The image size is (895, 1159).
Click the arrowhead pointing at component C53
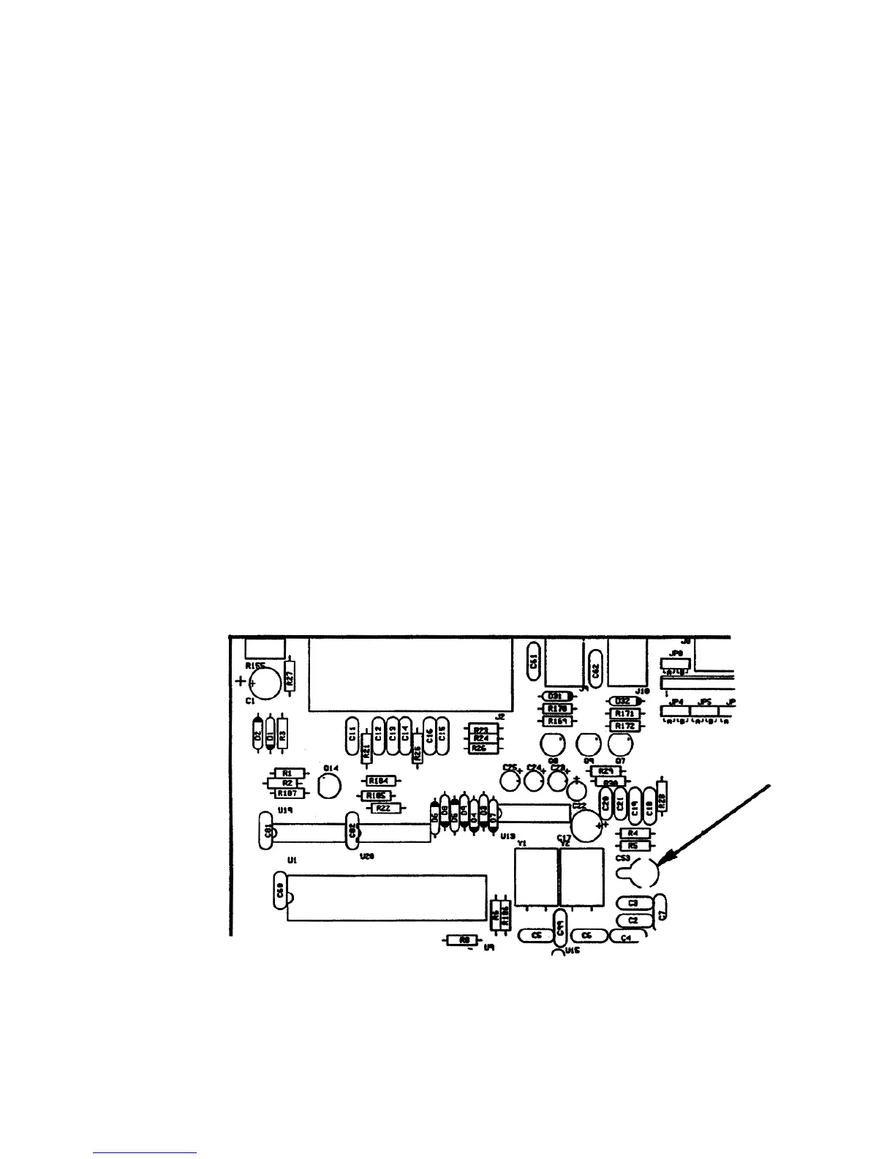point(663,864)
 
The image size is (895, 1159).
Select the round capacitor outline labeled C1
point(264,683)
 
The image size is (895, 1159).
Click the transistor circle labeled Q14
point(330,787)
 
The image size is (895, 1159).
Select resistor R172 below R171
point(624,726)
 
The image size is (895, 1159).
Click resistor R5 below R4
point(633,845)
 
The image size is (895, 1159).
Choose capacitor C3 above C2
point(633,904)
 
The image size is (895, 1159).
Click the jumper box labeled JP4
point(676,709)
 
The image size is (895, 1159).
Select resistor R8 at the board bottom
point(463,940)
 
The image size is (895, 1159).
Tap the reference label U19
point(285,811)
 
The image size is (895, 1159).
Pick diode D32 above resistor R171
point(624,700)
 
